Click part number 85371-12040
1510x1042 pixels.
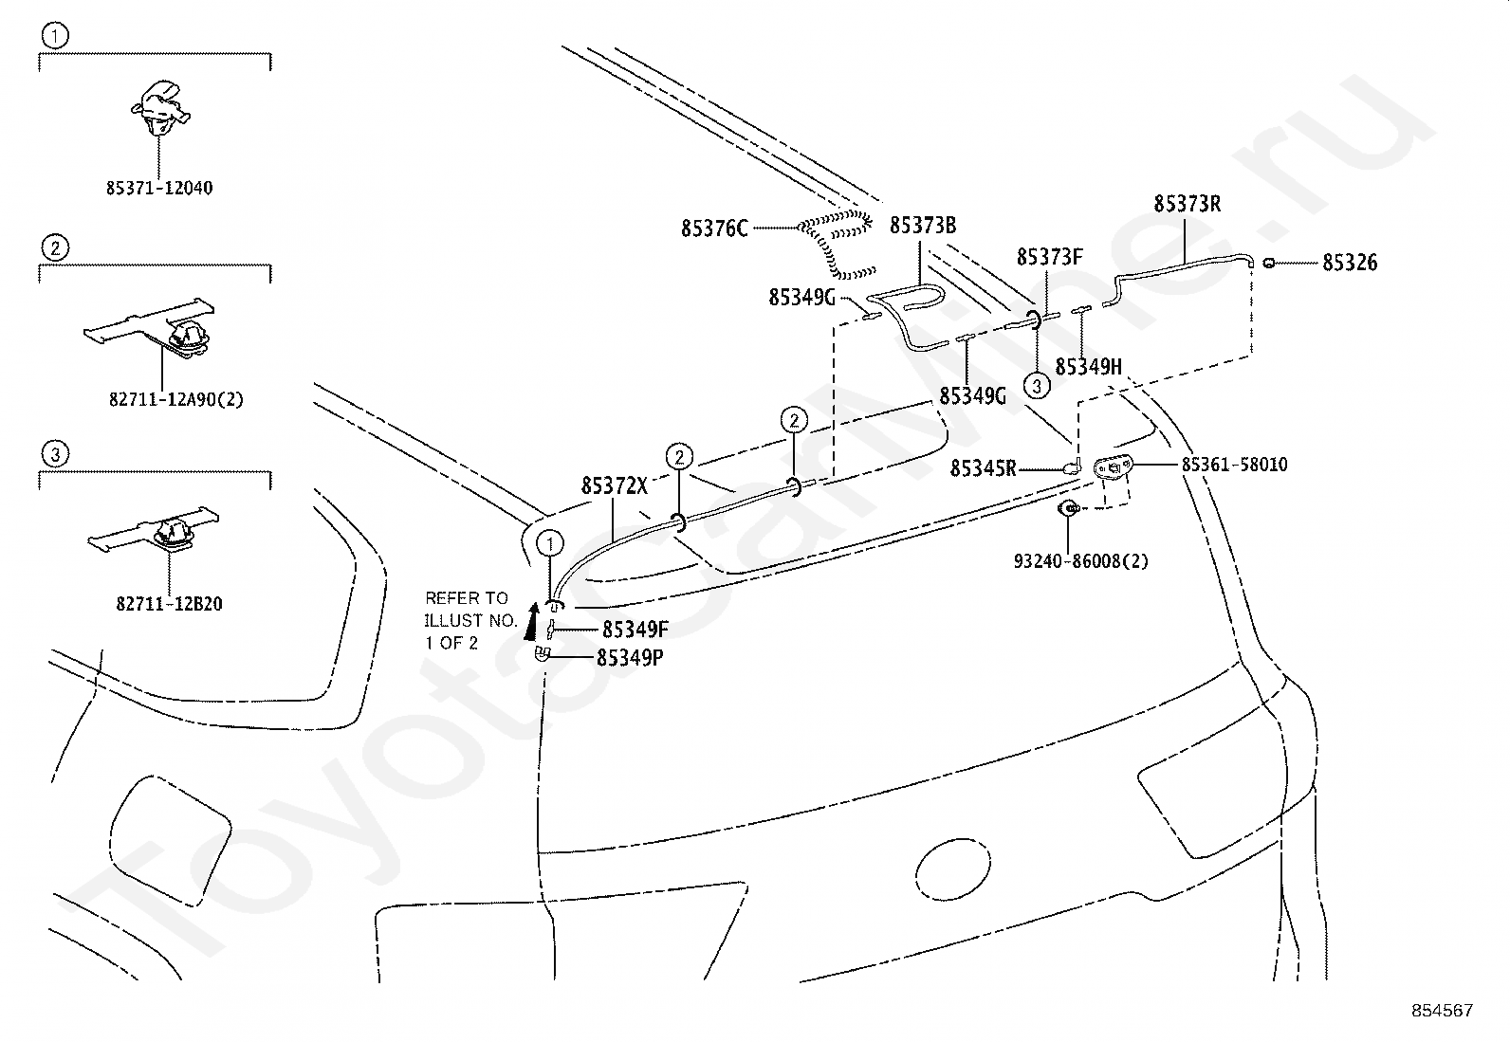tap(158, 188)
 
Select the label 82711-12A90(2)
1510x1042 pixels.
tap(175, 399)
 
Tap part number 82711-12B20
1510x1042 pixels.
tap(169, 604)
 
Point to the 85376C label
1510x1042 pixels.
tap(714, 229)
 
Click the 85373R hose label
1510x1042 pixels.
tap(1187, 204)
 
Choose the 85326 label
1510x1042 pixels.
tap(1350, 263)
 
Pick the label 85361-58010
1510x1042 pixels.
tap(1234, 465)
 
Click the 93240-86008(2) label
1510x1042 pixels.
tap(1080, 560)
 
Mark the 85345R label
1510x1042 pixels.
tap(983, 468)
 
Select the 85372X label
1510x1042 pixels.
tap(614, 486)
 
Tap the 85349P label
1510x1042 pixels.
tap(630, 656)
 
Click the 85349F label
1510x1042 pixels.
tap(635, 630)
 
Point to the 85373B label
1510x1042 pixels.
tap(922, 226)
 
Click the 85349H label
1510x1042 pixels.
tap(1088, 367)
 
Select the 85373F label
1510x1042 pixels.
tap(1049, 257)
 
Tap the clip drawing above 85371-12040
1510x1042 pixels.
tap(159, 107)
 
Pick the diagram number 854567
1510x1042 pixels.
tap(1442, 1011)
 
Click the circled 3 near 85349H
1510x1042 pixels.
tap(1037, 385)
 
